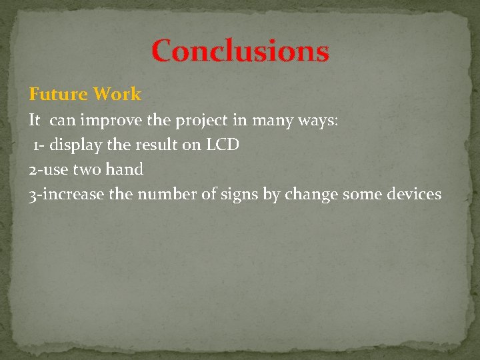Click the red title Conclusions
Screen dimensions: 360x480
point(240,51)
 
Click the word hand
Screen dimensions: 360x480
point(125,169)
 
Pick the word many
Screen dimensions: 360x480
point(270,122)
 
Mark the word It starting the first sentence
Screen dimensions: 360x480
point(35,122)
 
